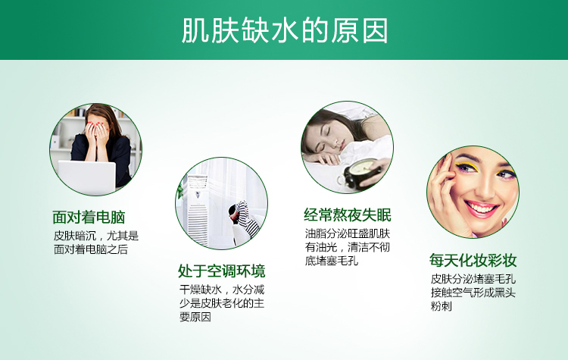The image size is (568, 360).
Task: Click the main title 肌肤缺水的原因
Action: (285, 30)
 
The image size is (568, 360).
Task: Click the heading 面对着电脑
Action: (89, 218)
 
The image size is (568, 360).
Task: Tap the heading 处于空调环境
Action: (222, 271)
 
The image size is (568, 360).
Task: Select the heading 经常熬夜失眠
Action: (348, 215)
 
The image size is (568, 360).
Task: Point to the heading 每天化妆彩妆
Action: (473, 260)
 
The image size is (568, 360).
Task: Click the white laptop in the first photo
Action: (87, 177)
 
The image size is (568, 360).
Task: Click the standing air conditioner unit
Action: (198, 209)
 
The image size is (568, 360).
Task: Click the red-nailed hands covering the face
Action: (96, 133)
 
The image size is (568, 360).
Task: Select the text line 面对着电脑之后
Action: (91, 249)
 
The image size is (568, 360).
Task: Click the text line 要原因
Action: (195, 317)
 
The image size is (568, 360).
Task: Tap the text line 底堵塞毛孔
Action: (332, 261)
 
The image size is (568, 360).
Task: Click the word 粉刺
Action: (442, 306)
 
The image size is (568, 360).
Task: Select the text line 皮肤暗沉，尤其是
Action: (96, 236)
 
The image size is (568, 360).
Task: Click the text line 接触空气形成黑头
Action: (473, 293)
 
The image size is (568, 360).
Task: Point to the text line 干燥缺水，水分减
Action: (222, 290)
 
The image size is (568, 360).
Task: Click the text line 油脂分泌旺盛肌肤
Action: (348, 233)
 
